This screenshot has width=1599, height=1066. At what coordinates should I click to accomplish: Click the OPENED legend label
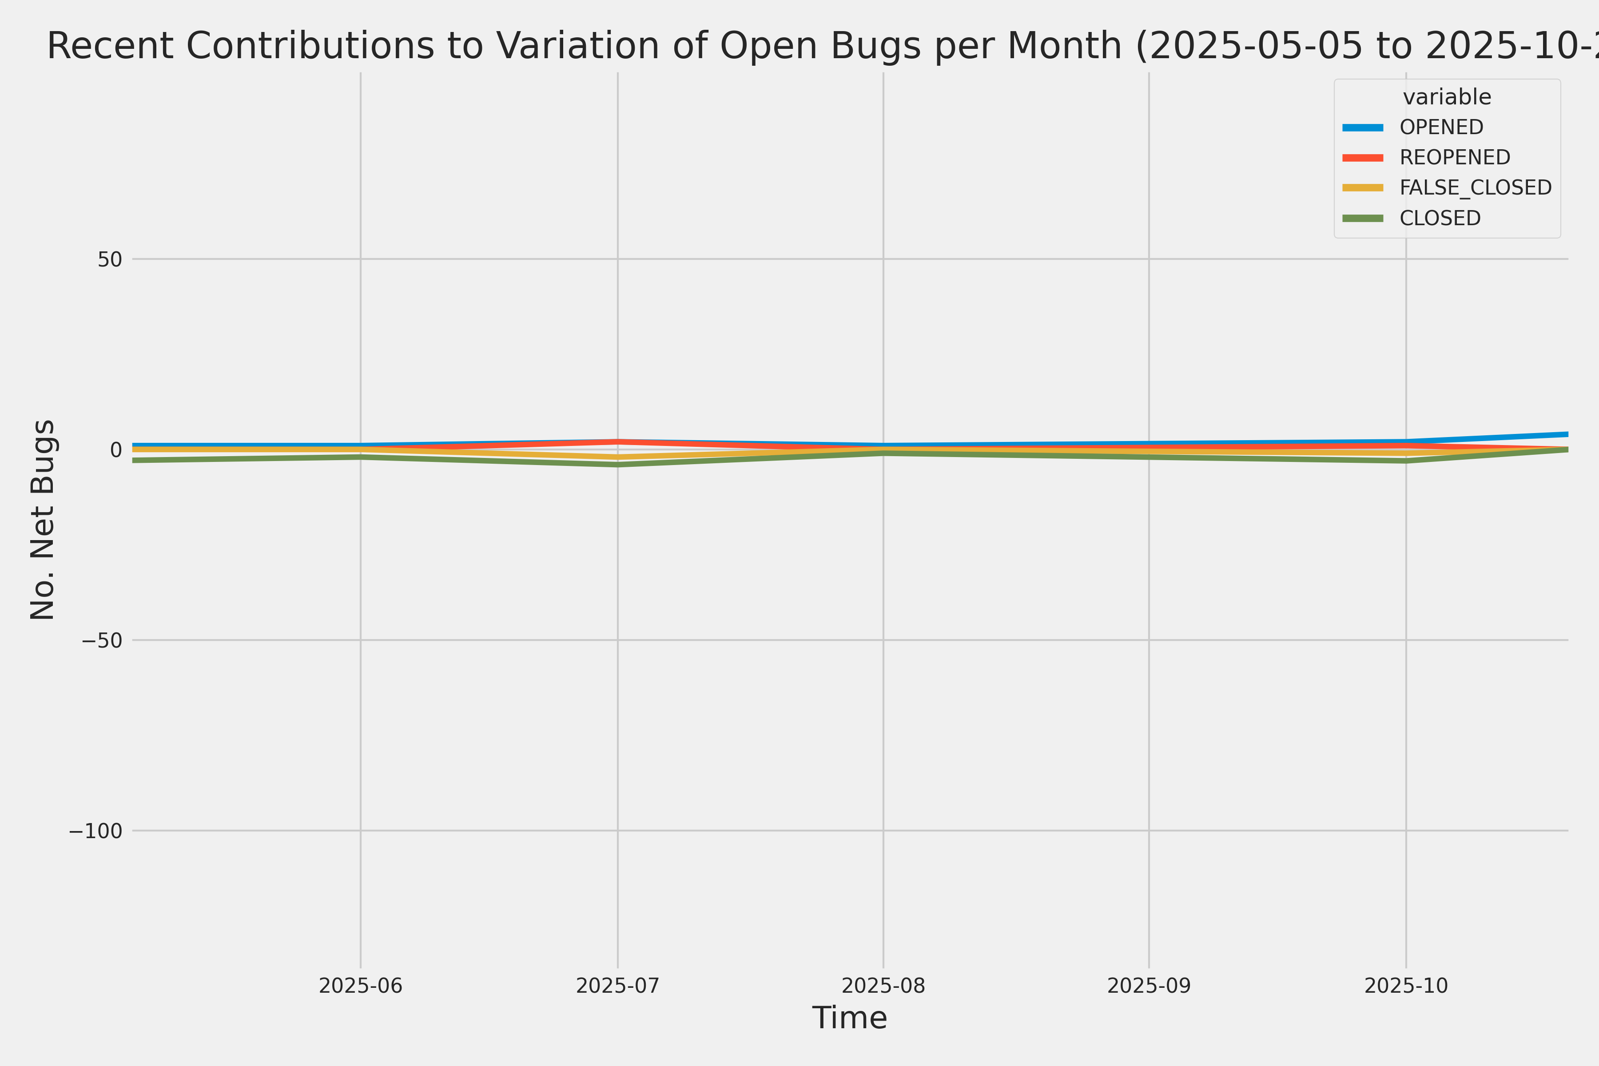pyautogui.click(x=1441, y=127)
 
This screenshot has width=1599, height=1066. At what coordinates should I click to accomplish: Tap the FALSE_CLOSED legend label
pyautogui.click(x=1475, y=187)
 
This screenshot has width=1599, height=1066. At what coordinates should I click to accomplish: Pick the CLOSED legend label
pyautogui.click(x=1440, y=218)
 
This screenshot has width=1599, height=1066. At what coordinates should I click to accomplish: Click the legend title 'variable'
pyautogui.click(x=1447, y=97)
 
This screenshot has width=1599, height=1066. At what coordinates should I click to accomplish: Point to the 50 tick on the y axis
pyautogui.click(x=109, y=259)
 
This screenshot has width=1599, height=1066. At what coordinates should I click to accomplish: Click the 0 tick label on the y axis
pyautogui.click(x=116, y=450)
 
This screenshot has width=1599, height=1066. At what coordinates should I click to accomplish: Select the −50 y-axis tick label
pyautogui.click(x=102, y=640)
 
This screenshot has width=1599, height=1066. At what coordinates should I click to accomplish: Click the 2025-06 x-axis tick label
pyautogui.click(x=360, y=986)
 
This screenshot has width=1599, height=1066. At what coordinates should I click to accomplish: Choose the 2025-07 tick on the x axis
pyautogui.click(x=618, y=986)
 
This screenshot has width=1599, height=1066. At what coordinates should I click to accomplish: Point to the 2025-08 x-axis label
pyautogui.click(x=883, y=986)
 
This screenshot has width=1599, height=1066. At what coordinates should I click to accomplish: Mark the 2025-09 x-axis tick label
pyautogui.click(x=1149, y=986)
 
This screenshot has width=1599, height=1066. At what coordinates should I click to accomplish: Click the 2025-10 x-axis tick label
pyautogui.click(x=1406, y=986)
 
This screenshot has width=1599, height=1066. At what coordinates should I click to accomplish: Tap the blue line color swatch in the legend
pyautogui.click(x=1362, y=127)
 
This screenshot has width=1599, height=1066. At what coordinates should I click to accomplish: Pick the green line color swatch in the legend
pyautogui.click(x=1362, y=218)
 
